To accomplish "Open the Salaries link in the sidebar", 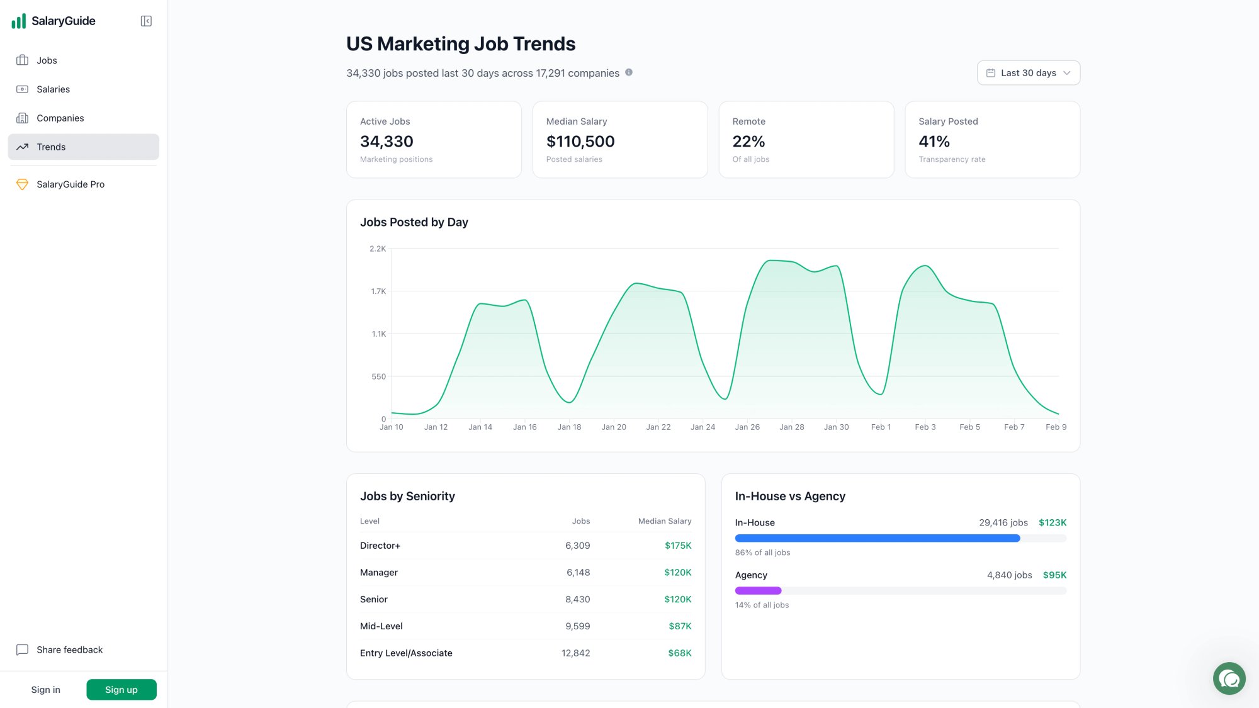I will point(53,89).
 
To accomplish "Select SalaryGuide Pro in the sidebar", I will point(70,184).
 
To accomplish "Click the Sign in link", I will point(46,690).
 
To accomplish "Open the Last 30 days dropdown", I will point(1028,73).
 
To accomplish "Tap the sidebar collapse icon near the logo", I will point(146,21).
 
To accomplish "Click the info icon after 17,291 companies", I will point(628,72).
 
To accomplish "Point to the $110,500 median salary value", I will point(580,142).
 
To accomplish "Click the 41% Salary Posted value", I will point(934,142).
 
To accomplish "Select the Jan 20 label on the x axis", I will point(613,427).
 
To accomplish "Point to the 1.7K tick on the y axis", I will point(378,291).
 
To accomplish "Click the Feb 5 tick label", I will point(969,427).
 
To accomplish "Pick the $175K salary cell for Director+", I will point(677,546).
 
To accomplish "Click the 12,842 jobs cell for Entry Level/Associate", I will point(575,653).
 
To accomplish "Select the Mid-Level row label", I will point(381,626).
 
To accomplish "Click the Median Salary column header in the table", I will point(664,521).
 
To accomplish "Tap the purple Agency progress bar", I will point(758,591).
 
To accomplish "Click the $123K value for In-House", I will point(1052,523).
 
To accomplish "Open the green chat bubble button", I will point(1229,678).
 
